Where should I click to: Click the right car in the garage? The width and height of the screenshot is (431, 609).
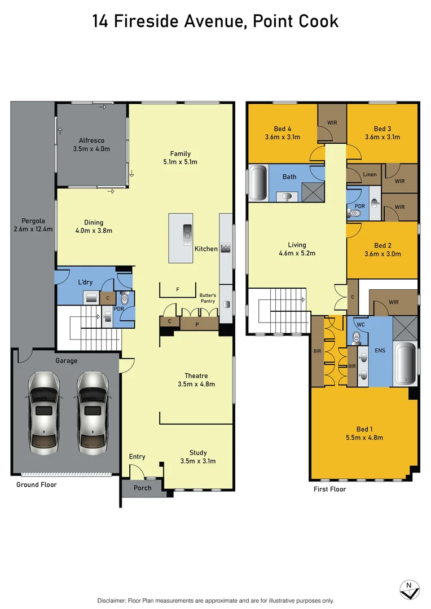point(92,413)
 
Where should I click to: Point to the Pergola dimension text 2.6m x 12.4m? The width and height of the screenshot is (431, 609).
point(33,229)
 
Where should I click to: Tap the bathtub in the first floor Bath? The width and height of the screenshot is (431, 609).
point(258,182)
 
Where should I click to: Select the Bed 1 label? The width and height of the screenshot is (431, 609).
point(363,429)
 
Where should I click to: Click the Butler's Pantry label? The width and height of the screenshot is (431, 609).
point(208,298)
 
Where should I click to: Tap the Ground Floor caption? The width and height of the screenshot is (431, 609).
point(36,484)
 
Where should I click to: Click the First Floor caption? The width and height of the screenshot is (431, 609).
point(330,489)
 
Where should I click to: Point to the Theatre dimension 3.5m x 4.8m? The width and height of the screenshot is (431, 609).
point(196,384)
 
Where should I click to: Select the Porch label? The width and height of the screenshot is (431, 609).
point(143,488)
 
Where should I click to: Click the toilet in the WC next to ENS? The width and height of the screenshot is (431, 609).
point(356,337)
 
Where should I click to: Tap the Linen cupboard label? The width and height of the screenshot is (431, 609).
point(370,174)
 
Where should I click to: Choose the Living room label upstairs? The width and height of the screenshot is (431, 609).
point(297,245)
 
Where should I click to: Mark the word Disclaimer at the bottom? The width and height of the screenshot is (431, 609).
point(115,601)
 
